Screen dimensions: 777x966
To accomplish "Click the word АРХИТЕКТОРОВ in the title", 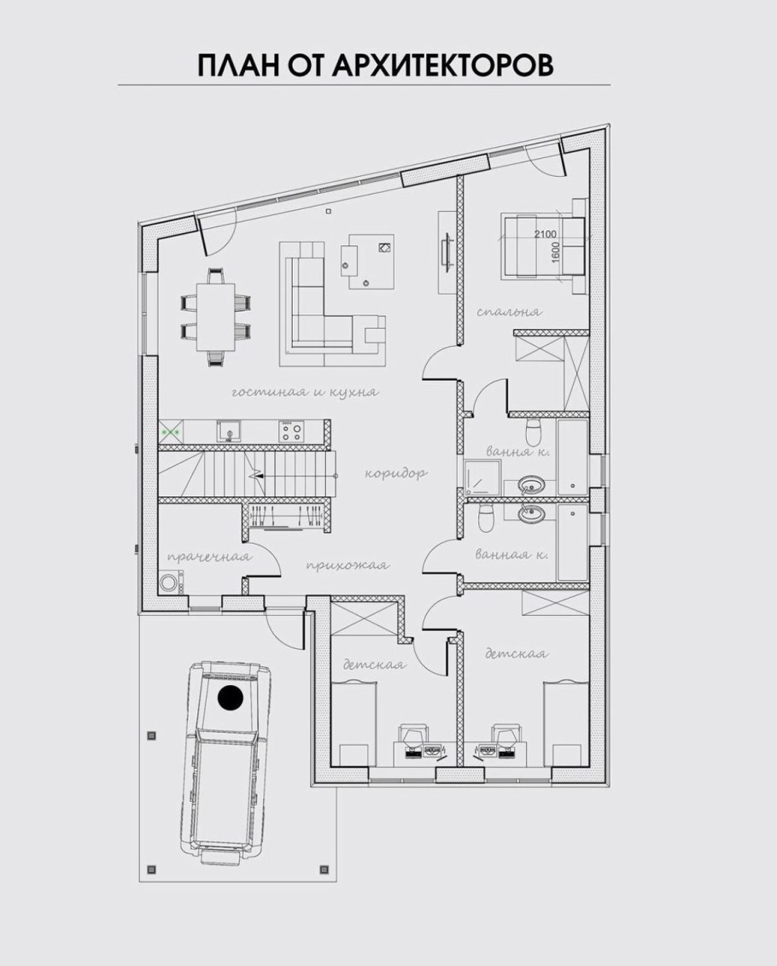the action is point(442,66).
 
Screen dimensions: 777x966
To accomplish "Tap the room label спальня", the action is point(509,312).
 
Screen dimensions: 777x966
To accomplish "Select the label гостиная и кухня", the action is point(305,392).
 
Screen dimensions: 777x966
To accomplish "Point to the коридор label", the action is point(396,474).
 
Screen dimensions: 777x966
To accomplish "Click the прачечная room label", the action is point(209,557).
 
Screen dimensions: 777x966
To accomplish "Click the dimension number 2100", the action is point(545,234).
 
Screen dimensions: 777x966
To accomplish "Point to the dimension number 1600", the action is point(556,252).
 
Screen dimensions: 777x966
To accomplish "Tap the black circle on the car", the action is point(231,698).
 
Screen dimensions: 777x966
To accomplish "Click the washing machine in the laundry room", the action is point(170,583).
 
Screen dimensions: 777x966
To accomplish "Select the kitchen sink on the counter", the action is point(229,430).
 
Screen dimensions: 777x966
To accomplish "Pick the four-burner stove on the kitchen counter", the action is point(290,430).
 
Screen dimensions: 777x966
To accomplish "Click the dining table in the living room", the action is point(216,316).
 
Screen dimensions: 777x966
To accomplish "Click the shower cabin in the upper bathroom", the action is point(483,478).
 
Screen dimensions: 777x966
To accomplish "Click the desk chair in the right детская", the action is point(506,735).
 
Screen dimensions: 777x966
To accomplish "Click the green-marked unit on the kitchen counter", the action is point(171,431).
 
